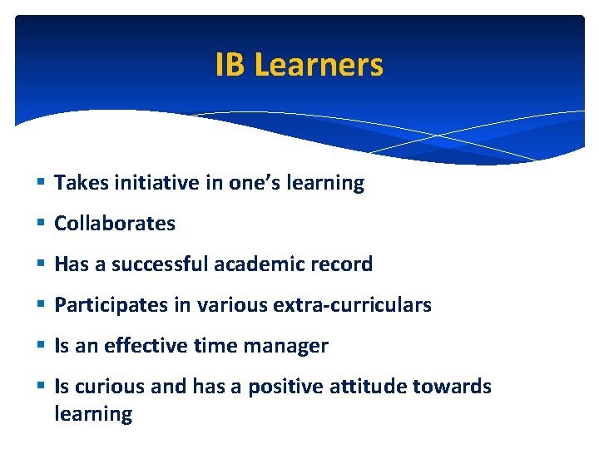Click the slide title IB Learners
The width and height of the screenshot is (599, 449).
point(299,64)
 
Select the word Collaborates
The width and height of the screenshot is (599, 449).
point(115,224)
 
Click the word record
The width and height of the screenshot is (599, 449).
point(344,264)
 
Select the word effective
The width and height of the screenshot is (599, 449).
point(143,346)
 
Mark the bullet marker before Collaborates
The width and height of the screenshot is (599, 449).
point(42,224)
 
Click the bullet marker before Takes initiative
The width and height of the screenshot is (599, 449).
point(42,183)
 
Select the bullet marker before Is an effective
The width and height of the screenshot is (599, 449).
point(42,346)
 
